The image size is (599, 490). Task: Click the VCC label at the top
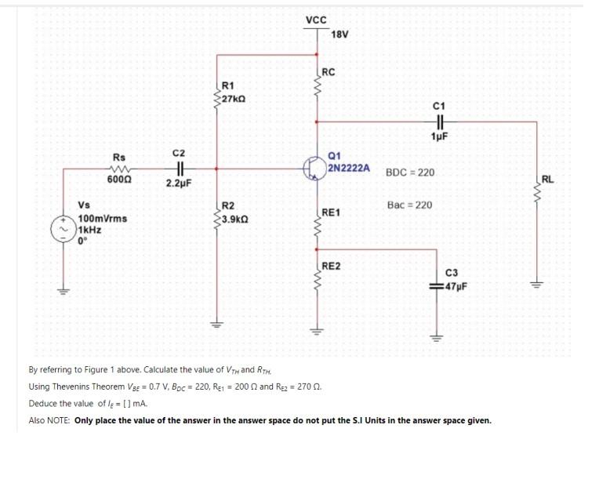coord(316,20)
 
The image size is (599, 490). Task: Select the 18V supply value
coord(339,34)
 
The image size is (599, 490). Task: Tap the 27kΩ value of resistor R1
coord(234,99)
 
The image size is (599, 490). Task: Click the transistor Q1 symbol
coord(312,168)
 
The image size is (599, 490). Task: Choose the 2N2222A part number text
coord(349,168)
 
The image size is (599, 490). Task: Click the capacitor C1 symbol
coord(439,122)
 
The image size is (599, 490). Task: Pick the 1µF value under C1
coord(439,136)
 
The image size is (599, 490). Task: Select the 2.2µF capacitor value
coord(179,183)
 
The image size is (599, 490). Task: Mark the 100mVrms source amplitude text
coord(103,219)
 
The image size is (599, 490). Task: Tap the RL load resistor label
coord(547,180)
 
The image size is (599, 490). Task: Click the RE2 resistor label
coord(331,267)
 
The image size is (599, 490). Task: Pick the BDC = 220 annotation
coord(410,172)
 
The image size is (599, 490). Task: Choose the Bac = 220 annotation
coord(409,205)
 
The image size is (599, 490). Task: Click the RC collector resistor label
coord(329,72)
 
